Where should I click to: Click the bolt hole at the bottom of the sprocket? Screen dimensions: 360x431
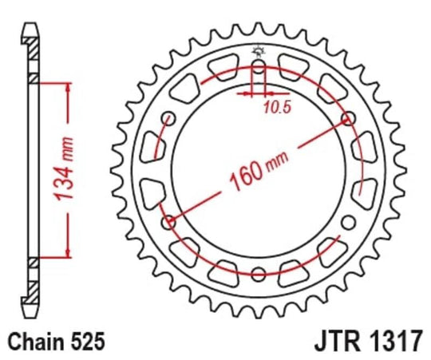(257, 274)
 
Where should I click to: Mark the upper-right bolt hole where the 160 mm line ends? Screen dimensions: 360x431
(347, 118)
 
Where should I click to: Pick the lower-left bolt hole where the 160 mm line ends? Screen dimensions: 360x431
(168, 221)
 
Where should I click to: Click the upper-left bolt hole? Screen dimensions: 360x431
(168, 119)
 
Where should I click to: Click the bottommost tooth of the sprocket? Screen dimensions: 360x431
(257, 311)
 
